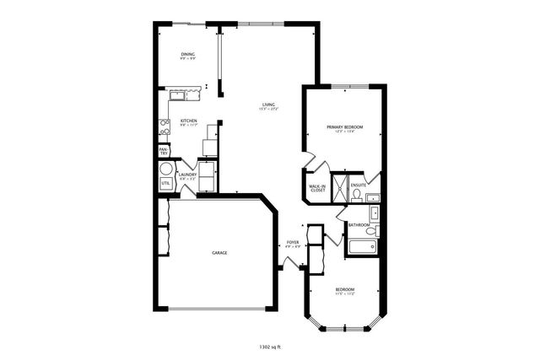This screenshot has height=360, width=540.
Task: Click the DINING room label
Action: tap(187, 56)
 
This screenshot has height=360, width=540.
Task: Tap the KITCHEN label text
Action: tap(189, 121)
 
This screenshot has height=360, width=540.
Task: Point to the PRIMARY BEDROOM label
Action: tap(344, 127)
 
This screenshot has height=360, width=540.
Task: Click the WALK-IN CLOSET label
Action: tap(317, 189)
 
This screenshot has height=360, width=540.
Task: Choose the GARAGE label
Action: tap(219, 252)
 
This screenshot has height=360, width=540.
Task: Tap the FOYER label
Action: tap(293, 244)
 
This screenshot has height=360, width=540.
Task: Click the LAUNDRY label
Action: tap(186, 175)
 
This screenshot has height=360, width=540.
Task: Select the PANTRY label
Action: tap(163, 151)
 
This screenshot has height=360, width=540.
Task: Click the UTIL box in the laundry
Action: tap(165, 183)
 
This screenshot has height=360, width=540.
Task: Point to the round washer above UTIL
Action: tap(165, 168)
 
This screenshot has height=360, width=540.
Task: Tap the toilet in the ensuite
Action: tap(356, 196)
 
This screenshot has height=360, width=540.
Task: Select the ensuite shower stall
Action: tap(337, 187)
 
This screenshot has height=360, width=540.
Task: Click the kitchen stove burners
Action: tap(165, 127)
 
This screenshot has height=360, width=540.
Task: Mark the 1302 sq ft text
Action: tap(270, 346)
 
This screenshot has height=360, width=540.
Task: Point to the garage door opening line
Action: tap(219, 309)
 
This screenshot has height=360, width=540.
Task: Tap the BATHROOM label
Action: tap(359, 225)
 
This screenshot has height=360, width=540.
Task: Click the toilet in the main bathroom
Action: tap(375, 228)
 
